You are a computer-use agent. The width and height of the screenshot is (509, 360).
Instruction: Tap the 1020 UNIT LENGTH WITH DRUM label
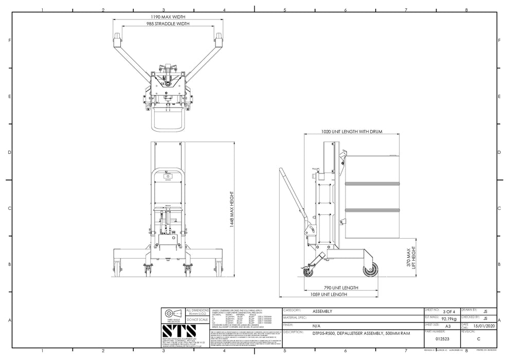(352, 132)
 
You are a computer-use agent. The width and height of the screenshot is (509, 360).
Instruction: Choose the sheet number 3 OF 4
(448, 311)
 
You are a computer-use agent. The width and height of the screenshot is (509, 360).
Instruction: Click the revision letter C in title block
(479, 339)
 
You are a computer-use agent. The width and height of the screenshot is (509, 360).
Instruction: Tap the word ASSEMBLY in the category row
(322, 312)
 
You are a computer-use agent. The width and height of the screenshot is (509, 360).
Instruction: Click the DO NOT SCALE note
(197, 319)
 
